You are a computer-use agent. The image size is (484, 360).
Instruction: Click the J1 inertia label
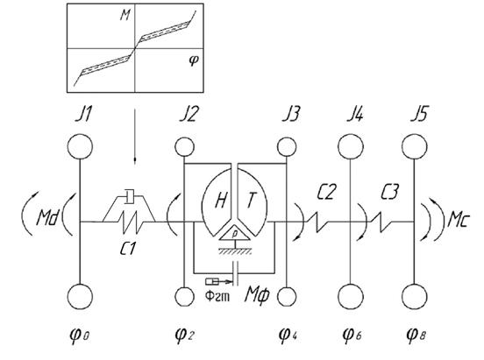83,115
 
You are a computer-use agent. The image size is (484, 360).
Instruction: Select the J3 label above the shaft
290,115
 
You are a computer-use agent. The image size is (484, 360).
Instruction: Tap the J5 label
419,114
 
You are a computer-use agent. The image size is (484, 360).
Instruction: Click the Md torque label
47,217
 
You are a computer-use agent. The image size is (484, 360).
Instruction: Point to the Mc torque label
459,220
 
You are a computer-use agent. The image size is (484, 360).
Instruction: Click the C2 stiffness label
326,192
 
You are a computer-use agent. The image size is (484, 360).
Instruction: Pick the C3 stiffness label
389,192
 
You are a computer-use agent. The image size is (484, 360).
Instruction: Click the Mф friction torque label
257,295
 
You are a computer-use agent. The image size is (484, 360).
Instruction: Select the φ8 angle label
416,335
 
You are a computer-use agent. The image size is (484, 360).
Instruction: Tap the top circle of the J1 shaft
81,146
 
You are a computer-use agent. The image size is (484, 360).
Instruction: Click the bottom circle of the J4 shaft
351,296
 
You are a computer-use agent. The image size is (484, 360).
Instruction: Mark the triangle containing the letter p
235,235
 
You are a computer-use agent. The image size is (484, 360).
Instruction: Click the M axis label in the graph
125,16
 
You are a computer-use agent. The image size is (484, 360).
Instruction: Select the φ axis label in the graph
194,60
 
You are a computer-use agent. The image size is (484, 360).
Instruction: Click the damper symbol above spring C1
129,197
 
